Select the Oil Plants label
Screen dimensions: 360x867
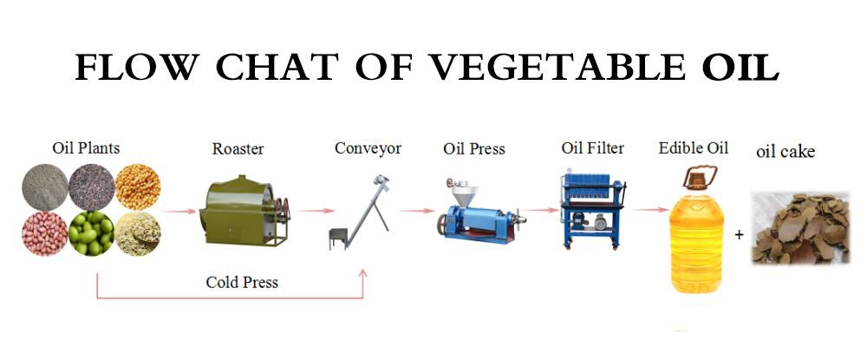coord(86,148)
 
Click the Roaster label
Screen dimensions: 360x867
coord(238,149)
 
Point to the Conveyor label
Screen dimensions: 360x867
coord(368,148)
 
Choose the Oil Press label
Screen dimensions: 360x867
coord(473,149)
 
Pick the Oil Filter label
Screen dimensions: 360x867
coord(592,148)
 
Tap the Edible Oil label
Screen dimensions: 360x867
coord(694,148)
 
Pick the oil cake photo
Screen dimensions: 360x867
coord(799,228)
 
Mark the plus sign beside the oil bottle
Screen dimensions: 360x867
coord(740,233)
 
